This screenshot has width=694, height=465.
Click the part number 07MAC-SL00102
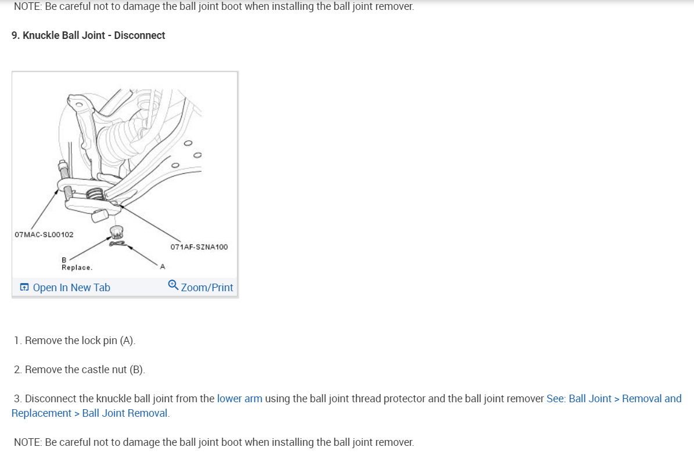pyautogui.click(x=44, y=235)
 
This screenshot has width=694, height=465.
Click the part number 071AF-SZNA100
pyautogui.click(x=199, y=247)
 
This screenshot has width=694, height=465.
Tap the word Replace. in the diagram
pyautogui.click(x=77, y=267)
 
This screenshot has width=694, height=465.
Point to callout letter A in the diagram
pyautogui.click(x=163, y=267)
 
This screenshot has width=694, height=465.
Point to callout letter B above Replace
pyautogui.click(x=64, y=259)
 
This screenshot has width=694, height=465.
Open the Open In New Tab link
pyautogui.click(x=71, y=287)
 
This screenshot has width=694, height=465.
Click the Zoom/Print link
pyautogui.click(x=207, y=287)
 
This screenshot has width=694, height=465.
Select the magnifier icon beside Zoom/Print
pyautogui.click(x=173, y=285)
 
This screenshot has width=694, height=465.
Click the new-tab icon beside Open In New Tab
pyautogui.click(x=24, y=287)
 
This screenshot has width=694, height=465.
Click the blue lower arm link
pyautogui.click(x=239, y=399)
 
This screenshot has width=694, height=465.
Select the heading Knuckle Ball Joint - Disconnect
pyautogui.click(x=88, y=35)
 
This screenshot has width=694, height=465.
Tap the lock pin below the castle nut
pyautogui.click(x=118, y=244)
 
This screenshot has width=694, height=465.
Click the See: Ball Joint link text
pyautogui.click(x=578, y=399)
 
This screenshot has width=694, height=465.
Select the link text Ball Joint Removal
pyautogui.click(x=125, y=413)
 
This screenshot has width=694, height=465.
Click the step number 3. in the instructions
pyautogui.click(x=18, y=399)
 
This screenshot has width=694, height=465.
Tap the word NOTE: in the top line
pyautogui.click(x=28, y=6)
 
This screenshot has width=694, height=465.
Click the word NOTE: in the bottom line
pyautogui.click(x=28, y=442)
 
